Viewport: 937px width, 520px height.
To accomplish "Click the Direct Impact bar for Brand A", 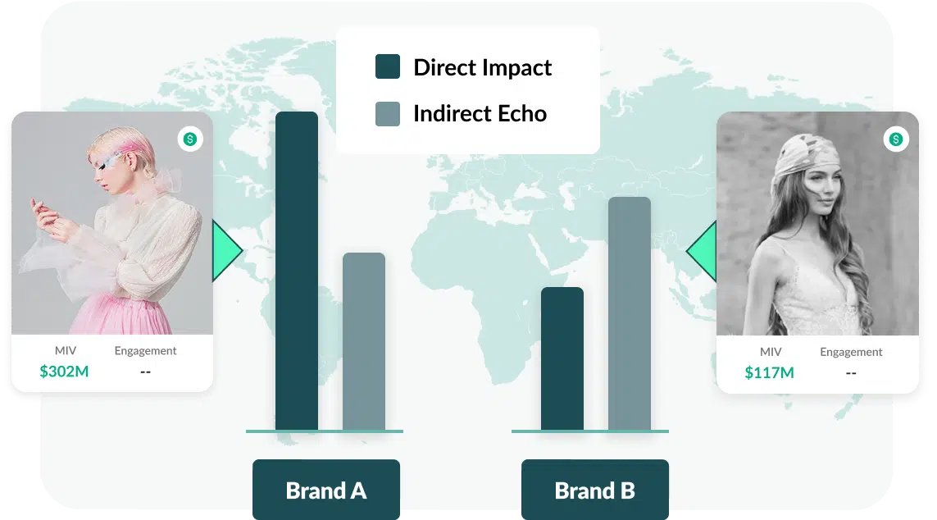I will tap(297, 271).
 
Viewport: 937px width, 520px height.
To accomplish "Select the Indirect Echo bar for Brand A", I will tap(364, 341).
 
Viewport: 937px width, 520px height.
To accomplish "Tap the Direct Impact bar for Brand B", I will tap(562, 358).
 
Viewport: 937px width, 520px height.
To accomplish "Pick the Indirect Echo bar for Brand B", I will tap(630, 313).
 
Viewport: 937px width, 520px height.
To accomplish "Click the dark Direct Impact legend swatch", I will tap(388, 67).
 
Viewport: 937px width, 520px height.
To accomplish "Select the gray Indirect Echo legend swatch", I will tap(388, 113).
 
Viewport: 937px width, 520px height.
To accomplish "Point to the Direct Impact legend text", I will tap(482, 67).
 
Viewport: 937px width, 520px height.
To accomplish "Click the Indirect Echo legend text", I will tap(480, 113).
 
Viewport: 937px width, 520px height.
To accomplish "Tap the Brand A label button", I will tap(326, 490).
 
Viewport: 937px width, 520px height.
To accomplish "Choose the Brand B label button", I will tap(595, 490).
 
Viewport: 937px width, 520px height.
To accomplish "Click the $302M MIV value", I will tap(64, 372).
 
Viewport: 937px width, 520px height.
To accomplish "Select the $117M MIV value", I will tap(769, 373).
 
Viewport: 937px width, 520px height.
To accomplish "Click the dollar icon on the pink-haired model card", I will tap(190, 139).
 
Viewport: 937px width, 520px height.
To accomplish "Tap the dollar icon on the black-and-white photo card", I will tap(896, 139).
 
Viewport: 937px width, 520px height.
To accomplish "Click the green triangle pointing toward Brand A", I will tap(226, 251).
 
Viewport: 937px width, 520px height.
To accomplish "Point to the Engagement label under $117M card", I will tap(851, 352).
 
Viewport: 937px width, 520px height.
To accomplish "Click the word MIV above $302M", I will tap(65, 350).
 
